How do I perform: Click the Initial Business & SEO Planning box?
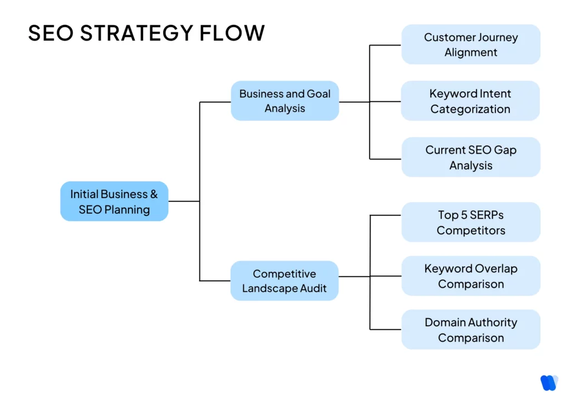pos(114,202)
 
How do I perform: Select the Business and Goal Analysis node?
pos(284,101)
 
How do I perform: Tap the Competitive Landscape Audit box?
pos(284,281)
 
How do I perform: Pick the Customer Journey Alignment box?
pos(470,45)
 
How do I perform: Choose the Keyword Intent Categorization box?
pos(470,101)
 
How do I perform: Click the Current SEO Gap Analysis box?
pos(470,158)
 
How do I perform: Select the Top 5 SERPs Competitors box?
pos(470,222)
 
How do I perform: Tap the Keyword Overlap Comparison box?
pos(470,276)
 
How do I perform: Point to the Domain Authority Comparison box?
pos(470,330)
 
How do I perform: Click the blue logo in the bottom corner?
pos(548,382)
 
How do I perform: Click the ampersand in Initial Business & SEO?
pos(153,194)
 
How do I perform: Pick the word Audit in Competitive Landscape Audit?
pos(312,288)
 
